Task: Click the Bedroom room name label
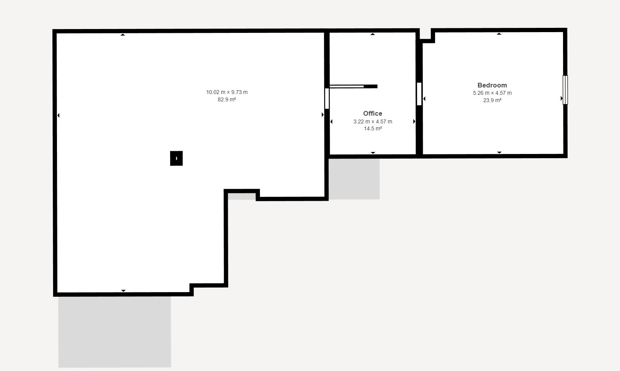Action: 492,85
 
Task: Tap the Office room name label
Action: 372,113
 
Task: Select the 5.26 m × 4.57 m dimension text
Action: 492,93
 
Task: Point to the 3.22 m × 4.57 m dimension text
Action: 372,121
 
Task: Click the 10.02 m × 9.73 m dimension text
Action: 227,92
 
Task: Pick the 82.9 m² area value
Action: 227,99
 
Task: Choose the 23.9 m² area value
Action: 492,100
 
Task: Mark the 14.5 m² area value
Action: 372,128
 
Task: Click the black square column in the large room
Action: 176,158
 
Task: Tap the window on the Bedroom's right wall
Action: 565,90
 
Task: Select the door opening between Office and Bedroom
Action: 419,94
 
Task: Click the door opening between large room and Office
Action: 327,98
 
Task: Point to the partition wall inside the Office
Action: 353,87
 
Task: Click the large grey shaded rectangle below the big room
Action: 115,332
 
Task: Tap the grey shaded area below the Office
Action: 354,179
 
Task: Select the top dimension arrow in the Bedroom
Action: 499,34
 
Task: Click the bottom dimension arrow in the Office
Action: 373,153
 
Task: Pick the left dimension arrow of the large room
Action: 58,115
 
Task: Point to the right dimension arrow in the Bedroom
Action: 561,98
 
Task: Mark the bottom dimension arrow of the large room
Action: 124,291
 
